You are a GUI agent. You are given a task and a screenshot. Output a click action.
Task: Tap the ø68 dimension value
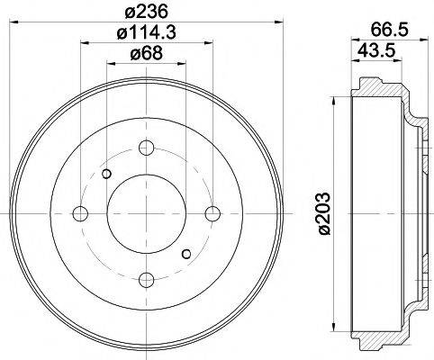coord(147,54)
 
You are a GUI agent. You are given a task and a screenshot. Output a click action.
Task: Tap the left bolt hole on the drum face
coord(80,213)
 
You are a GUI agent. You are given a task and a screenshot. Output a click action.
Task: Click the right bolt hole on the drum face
coord(212,213)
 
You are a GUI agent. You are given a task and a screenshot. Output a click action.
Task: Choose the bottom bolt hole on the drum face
coord(147,279)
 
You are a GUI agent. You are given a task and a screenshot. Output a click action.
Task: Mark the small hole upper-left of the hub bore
coord(107,175)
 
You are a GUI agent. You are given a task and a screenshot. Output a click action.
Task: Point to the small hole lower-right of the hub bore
coord(186,253)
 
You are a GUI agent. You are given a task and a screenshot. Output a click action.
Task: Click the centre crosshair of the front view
coord(147,213)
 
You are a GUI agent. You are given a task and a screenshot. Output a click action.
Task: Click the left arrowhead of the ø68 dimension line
coord(110,64)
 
